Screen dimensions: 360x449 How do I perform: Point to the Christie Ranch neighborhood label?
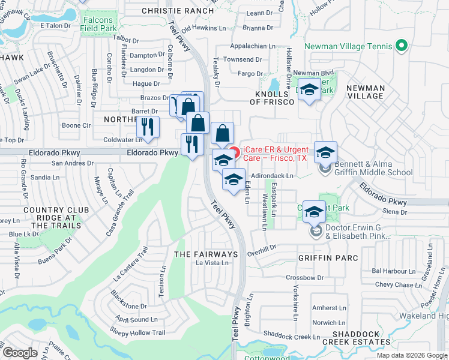point(178,11)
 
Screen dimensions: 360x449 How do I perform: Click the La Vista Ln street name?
point(212,263)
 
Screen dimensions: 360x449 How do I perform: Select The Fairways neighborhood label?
point(206,254)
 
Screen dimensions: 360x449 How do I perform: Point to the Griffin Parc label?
point(328,258)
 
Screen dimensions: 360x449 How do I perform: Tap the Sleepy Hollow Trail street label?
point(137,332)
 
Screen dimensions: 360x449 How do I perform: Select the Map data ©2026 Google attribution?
point(412,355)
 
